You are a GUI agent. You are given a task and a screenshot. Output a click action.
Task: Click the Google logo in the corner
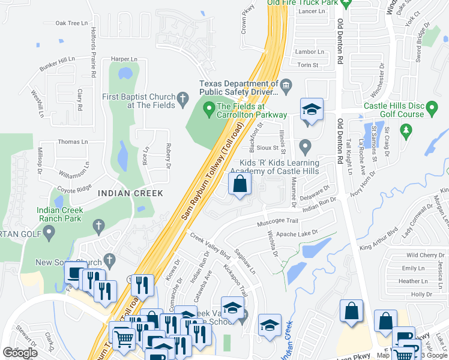pos(20,353)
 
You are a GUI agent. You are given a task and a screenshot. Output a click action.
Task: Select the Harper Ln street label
pos(124,59)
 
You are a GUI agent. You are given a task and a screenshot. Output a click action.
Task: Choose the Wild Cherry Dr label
pos(424,256)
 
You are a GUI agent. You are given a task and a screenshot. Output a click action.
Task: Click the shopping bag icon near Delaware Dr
pos(240,185)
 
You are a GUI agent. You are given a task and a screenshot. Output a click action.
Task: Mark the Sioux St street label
pos(268,147)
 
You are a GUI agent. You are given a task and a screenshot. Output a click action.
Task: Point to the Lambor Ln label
pos(310,52)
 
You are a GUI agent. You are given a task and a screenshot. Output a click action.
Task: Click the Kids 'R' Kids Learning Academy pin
pos(305,146)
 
